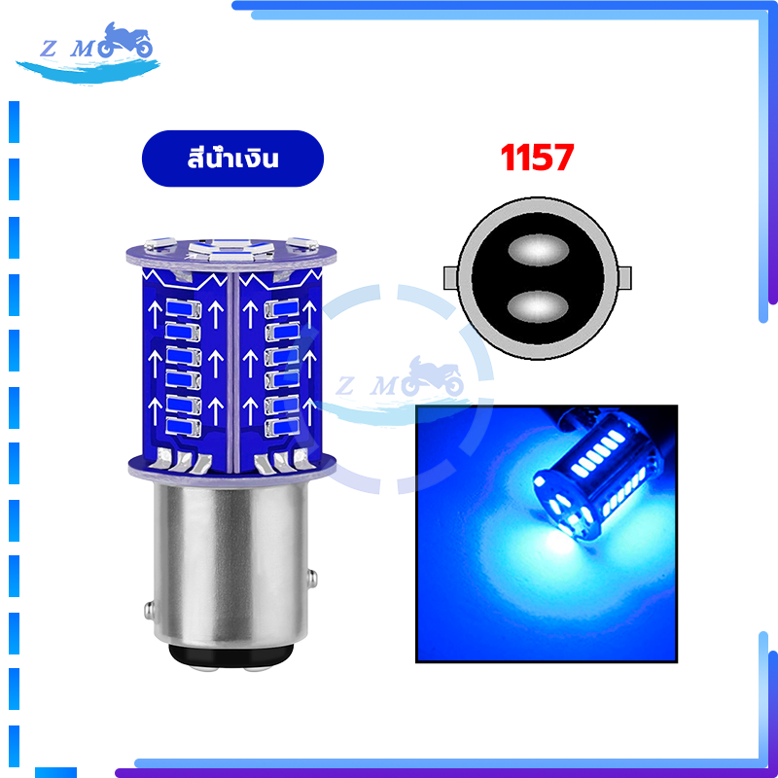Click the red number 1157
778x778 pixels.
click(x=538, y=158)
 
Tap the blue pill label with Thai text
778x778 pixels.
click(x=232, y=159)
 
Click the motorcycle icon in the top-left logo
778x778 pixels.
click(x=125, y=40)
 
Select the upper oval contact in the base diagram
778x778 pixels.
click(x=538, y=250)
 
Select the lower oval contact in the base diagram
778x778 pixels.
click(x=538, y=306)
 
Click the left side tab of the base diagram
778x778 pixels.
click(x=451, y=278)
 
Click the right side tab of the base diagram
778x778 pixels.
click(x=624, y=278)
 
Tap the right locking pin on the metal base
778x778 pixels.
click(x=312, y=579)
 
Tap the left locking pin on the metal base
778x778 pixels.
click(x=149, y=611)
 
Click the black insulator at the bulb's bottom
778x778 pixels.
click(x=231, y=655)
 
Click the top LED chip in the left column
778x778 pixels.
click(x=184, y=308)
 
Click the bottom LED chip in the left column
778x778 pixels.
click(x=184, y=427)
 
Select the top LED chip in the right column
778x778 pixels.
click(x=282, y=308)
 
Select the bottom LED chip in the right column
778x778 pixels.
click(x=282, y=427)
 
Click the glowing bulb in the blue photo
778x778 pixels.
click(x=598, y=476)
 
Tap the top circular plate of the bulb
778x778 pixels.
click(x=231, y=255)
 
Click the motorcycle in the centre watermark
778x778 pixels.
click(x=432, y=376)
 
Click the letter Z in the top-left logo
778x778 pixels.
click(x=48, y=50)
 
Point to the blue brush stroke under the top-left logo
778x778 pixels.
click(x=88, y=71)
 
